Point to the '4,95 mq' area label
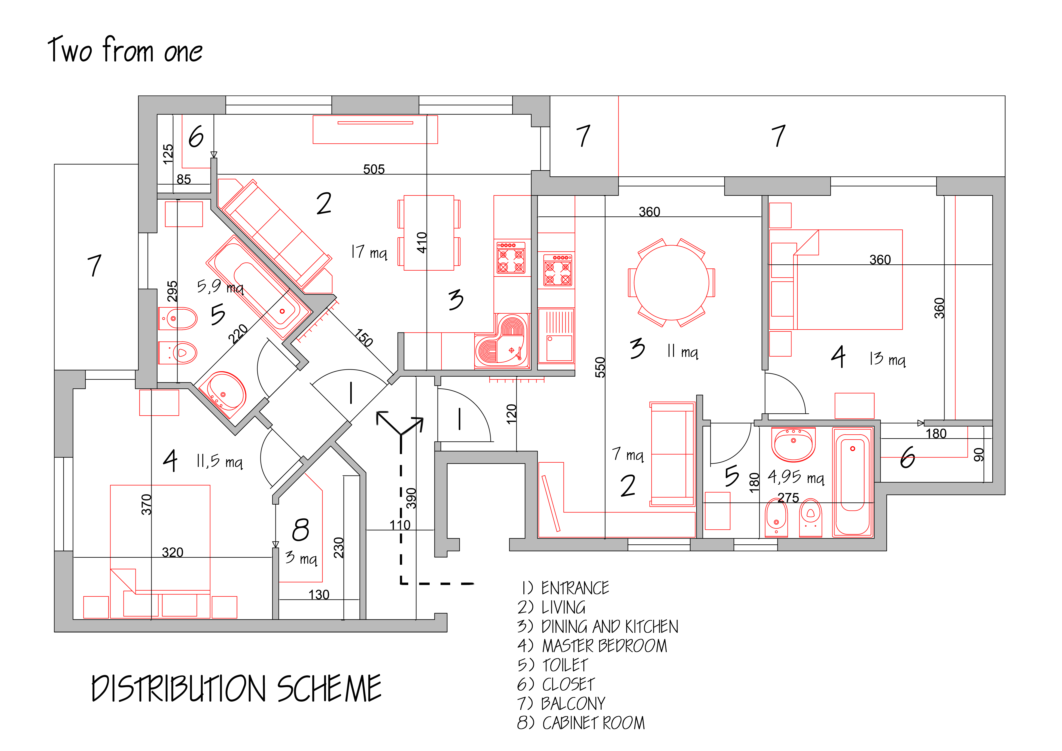[x=796, y=477]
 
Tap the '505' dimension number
[x=374, y=169]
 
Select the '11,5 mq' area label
[x=220, y=461]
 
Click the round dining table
[x=671, y=283]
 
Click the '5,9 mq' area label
[x=220, y=287]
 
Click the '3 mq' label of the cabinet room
[x=301, y=558]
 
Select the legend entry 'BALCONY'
[x=573, y=703]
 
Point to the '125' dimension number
[x=168, y=154]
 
